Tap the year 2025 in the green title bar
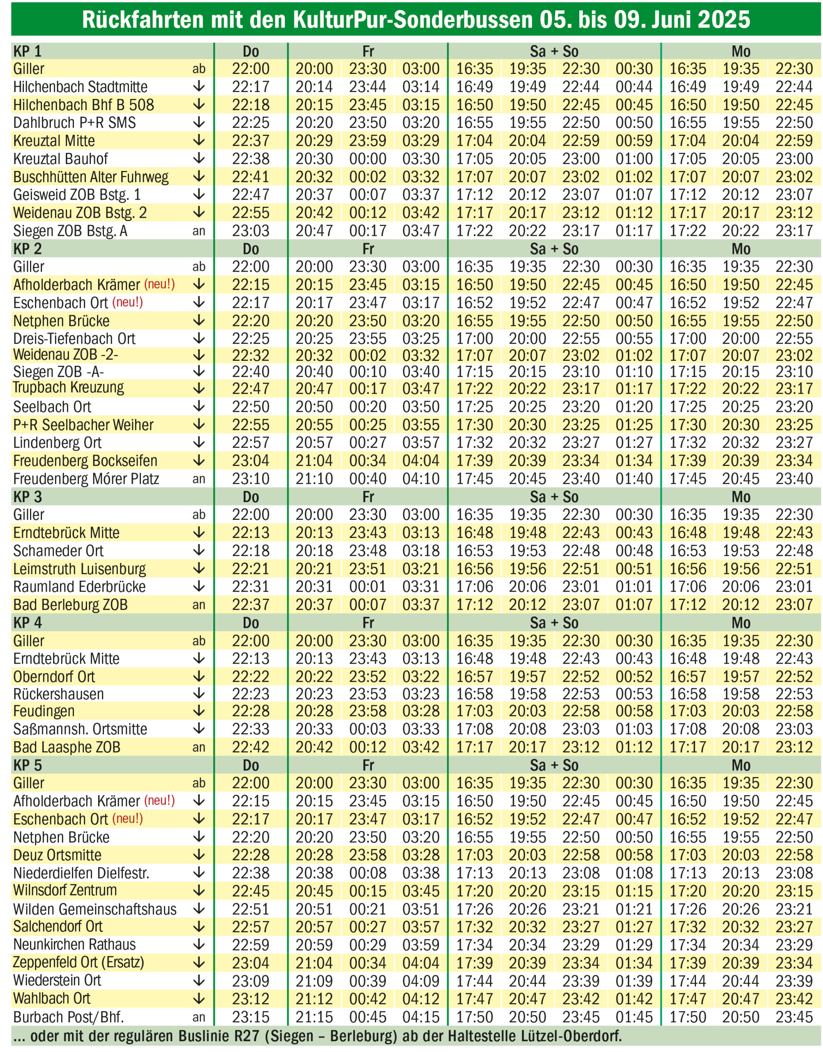coord(724,19)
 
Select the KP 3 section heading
coord(28,497)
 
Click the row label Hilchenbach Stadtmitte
coord(81,87)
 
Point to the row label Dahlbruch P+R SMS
coord(75,123)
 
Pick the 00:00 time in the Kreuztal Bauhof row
coord(368,159)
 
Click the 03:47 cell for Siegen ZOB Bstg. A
coord(421,231)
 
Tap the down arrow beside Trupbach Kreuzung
coord(199,388)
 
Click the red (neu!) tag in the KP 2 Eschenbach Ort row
coord(128,302)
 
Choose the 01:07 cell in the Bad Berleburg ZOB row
coord(634,604)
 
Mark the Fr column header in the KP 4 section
coord(368,623)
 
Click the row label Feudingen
coord(44,711)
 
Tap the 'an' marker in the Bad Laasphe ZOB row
coord(199,747)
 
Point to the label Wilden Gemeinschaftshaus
coord(95,909)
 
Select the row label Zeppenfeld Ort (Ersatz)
coord(78,962)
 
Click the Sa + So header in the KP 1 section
coord(554,51)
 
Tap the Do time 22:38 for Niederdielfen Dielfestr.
coord(251,873)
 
